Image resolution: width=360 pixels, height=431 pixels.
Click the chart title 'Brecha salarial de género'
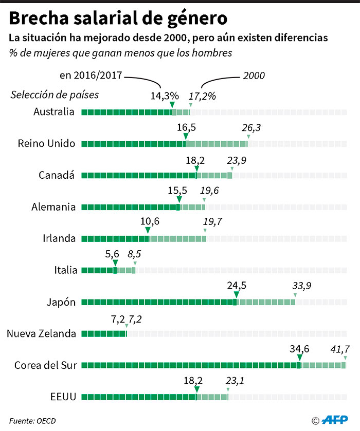coord(118,19)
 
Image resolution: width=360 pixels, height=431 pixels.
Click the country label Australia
coord(54,112)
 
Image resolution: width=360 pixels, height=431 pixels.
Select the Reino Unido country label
coord(46,143)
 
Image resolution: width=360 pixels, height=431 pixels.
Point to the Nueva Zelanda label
coord(41,333)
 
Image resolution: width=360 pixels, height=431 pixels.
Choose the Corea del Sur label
coord(46,365)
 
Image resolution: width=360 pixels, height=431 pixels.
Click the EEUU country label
coord(63,397)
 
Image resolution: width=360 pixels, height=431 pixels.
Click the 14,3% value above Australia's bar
coord(165,96)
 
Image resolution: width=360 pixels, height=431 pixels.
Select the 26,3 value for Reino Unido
coord(251,127)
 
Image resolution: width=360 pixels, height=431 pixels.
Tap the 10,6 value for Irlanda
coord(149,222)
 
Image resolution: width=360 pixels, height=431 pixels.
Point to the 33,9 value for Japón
coord(302,286)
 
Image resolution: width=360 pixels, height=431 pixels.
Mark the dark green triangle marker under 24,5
coord(236,294)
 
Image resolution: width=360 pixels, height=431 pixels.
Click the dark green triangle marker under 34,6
coord(300,358)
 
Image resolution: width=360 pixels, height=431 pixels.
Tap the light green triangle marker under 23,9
coord(232,168)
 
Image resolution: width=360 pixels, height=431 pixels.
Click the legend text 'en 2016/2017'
coord(91,75)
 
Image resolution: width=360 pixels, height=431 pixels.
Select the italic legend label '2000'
coord(254,76)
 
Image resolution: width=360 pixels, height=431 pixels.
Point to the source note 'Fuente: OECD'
coord(32,421)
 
